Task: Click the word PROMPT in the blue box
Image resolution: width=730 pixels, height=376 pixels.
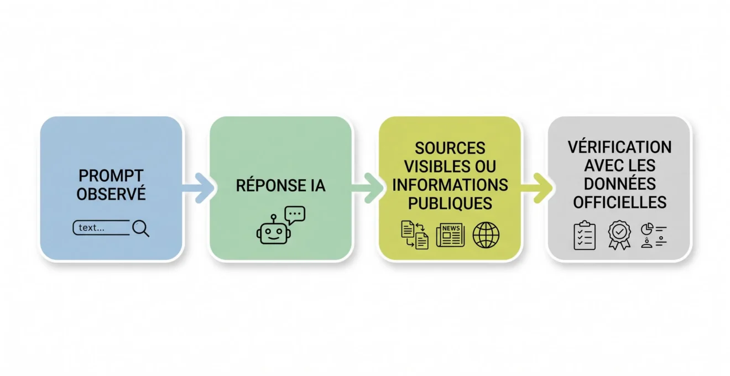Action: [111, 176]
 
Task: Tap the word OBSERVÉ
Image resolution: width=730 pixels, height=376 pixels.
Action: [111, 194]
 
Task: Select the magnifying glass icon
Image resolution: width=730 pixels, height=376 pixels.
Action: [140, 228]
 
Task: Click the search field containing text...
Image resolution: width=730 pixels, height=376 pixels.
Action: [101, 227]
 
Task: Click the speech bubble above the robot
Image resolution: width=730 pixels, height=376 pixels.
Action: [295, 215]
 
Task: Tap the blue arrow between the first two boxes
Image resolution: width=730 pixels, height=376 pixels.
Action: [199, 188]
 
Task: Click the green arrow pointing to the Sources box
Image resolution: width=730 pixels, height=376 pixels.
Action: [368, 188]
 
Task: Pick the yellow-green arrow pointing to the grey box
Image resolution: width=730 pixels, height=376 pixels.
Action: [537, 188]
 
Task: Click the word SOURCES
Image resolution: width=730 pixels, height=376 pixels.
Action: [450, 148]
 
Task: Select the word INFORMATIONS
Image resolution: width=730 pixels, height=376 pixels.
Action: [450, 185]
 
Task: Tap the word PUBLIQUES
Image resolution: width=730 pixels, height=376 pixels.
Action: [450, 203]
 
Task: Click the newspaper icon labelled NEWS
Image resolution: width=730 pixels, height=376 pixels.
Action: [450, 235]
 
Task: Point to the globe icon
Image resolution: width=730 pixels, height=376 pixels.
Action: [486, 235]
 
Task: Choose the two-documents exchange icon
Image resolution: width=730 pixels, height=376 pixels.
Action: [415, 235]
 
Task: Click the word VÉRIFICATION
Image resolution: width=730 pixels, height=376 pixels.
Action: [619, 147]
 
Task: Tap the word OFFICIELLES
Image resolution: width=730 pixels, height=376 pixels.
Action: [619, 202]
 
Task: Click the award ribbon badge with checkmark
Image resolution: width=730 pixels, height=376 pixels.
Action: [619, 235]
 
